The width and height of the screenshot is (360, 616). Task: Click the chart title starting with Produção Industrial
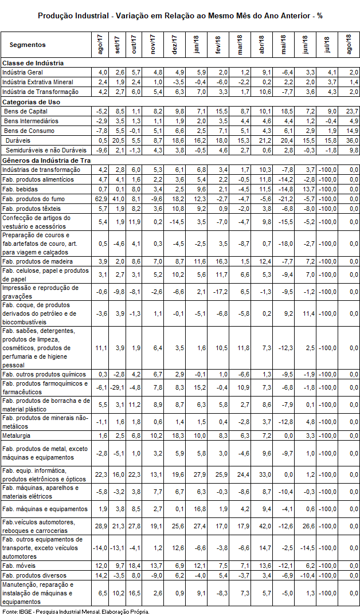click(180, 15)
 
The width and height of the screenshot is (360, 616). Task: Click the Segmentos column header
click(28, 45)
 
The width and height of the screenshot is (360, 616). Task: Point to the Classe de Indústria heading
click(33, 62)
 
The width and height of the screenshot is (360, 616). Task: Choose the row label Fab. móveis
click(19, 565)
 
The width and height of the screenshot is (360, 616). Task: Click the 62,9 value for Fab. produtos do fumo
click(101, 198)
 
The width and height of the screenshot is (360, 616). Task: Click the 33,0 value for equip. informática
click(261, 474)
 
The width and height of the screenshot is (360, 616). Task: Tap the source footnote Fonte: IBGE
click(76, 611)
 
